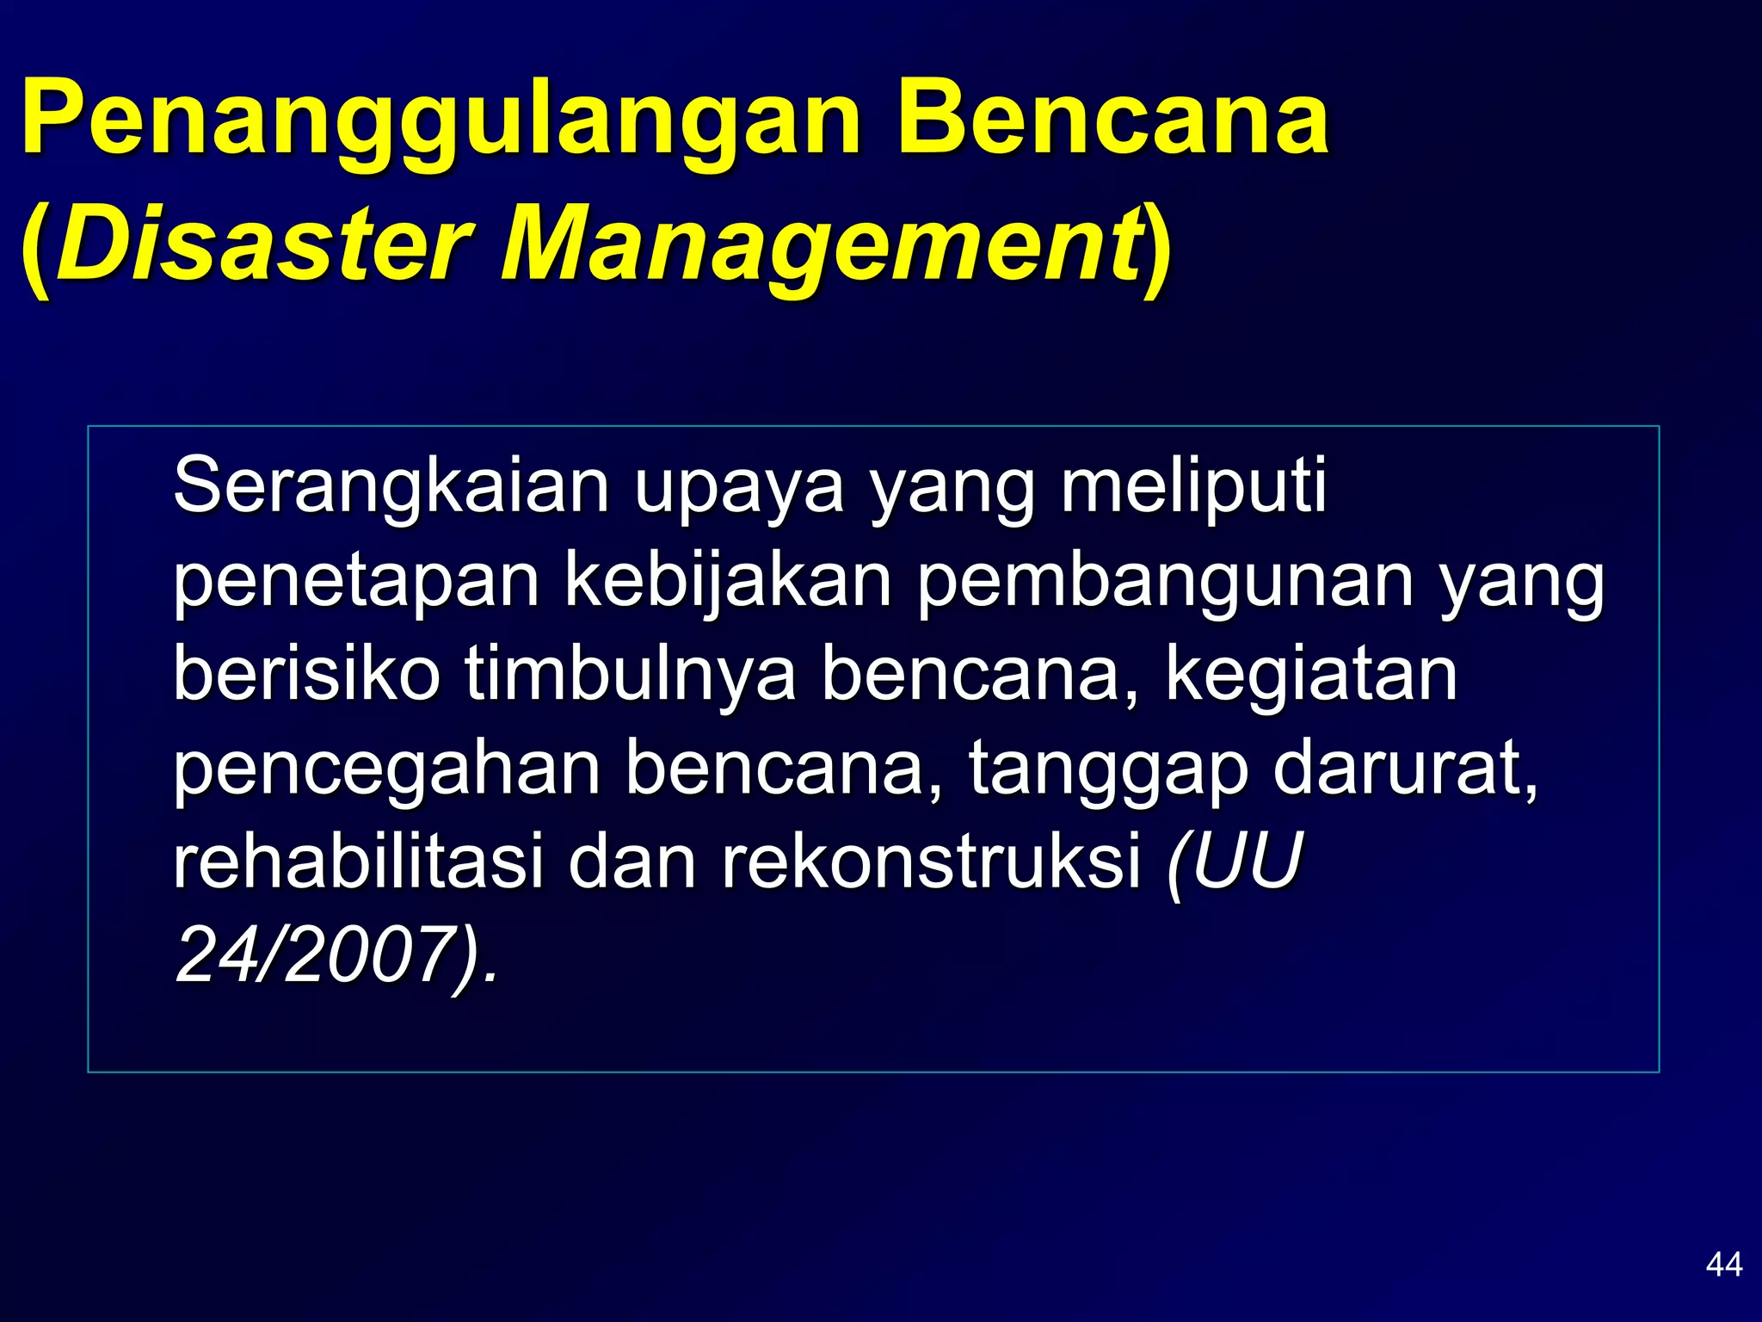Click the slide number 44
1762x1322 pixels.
[1723, 1264]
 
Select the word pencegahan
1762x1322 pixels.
[387, 769]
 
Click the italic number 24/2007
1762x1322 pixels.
[314, 956]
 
